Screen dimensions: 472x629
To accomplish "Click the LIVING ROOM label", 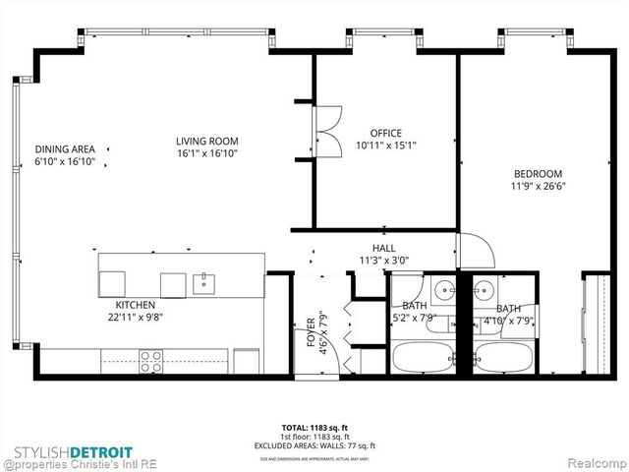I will tap(207, 141).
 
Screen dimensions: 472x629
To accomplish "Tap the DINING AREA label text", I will tap(65, 148).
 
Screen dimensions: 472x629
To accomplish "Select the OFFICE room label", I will tap(385, 133).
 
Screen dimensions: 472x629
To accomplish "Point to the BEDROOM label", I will tap(537, 173).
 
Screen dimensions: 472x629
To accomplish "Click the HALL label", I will tap(383, 249).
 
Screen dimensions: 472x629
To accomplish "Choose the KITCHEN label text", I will tap(136, 305).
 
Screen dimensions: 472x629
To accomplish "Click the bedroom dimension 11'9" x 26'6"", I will tap(538, 185).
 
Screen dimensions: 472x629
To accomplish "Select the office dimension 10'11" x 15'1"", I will tap(385, 146).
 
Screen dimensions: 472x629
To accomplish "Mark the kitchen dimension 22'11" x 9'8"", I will tap(136, 318).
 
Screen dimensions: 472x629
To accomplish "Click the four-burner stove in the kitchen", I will tap(151, 361).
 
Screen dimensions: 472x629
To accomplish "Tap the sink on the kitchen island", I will tap(205, 284).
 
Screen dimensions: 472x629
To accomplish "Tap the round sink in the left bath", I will tap(443, 291).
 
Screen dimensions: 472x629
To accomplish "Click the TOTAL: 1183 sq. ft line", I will tap(314, 428).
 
